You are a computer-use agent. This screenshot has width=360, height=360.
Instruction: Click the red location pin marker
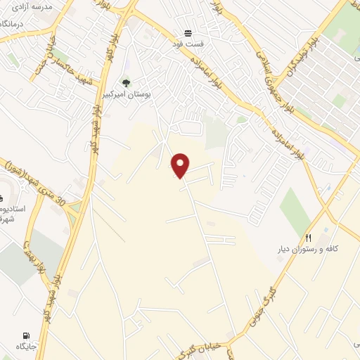click(x=181, y=165)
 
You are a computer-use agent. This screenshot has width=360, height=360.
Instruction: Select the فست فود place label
click(x=188, y=44)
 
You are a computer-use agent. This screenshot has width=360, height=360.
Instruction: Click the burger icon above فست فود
click(x=188, y=32)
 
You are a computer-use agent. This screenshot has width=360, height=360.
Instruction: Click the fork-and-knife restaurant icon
click(x=308, y=238)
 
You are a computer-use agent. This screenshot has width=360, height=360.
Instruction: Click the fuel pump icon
click(x=26, y=335)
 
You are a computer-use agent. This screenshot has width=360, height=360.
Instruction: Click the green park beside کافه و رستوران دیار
click(x=295, y=210)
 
